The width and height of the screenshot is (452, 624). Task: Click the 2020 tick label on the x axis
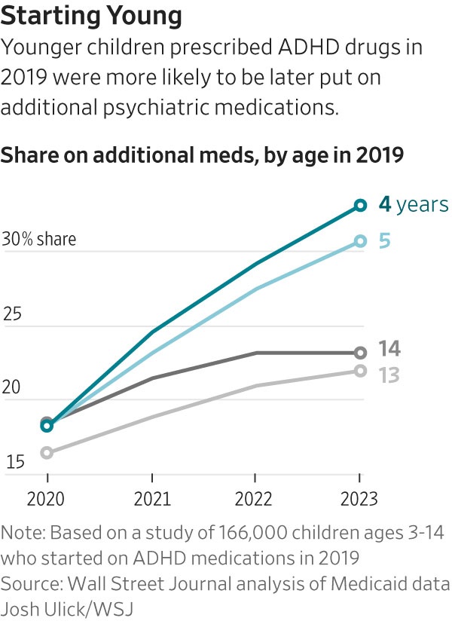pyautogui.click(x=47, y=499)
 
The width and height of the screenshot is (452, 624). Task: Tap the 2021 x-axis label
pyautogui.click(x=151, y=499)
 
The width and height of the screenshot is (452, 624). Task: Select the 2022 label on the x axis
pyautogui.click(x=255, y=499)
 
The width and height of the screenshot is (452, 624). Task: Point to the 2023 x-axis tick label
pyautogui.click(x=359, y=499)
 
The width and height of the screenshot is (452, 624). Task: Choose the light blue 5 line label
pyautogui.click(x=384, y=241)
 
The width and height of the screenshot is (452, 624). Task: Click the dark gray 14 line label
pyautogui.click(x=389, y=349)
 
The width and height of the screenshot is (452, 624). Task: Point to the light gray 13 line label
pyautogui.click(x=389, y=374)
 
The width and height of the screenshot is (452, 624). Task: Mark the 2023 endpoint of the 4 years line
pyautogui.click(x=360, y=205)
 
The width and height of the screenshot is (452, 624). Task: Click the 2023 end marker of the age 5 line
pyautogui.click(x=360, y=241)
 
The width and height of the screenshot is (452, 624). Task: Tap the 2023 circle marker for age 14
pyautogui.click(x=360, y=352)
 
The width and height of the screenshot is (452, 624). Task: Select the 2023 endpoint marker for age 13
pyautogui.click(x=360, y=370)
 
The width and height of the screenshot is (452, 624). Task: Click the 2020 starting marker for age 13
pyautogui.click(x=47, y=452)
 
